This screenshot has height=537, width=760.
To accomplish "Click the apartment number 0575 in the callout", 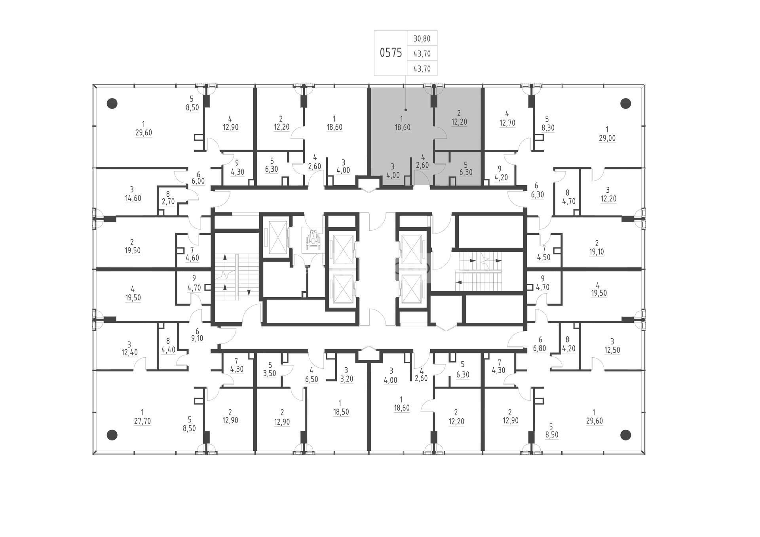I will pyautogui.click(x=391, y=53).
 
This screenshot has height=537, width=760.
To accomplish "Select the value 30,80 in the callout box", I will pyautogui.click(x=422, y=39).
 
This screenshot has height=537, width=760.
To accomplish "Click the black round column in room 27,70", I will pyautogui.click(x=112, y=435).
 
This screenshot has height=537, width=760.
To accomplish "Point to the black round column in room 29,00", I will pyautogui.click(x=625, y=104).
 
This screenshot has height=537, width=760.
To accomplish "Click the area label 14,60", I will pyautogui.click(x=133, y=198).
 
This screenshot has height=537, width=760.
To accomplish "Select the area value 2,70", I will pyautogui.click(x=168, y=201).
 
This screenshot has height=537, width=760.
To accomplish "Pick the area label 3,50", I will pyautogui.click(x=270, y=374).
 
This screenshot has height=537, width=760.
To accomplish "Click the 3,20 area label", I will pyautogui.click(x=346, y=379).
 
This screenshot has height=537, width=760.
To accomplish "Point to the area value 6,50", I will pyautogui.click(x=312, y=379).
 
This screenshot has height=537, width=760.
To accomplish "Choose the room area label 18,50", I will pyautogui.click(x=341, y=412).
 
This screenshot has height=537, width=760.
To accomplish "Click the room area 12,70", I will pyautogui.click(x=507, y=123).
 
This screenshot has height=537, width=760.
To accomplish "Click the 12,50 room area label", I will pyautogui.click(x=612, y=350).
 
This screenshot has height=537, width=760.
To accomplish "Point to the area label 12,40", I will pyautogui.click(x=129, y=353).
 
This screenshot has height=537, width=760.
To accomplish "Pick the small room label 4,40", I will pyautogui.click(x=168, y=350).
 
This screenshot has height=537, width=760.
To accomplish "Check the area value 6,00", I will pyautogui.click(x=198, y=181).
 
